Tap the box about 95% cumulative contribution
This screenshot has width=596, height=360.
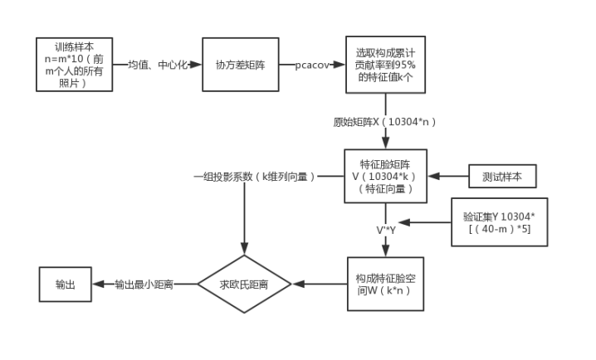(384, 64)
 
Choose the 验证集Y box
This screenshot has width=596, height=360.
(500, 222)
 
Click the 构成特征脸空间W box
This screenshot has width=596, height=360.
(384, 283)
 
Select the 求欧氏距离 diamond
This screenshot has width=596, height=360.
(244, 284)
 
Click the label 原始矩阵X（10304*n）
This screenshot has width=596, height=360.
(384, 121)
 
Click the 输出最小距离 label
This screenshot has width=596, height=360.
(144, 284)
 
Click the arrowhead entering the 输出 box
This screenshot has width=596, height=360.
(96, 284)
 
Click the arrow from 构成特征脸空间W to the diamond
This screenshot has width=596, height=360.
(320, 284)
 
